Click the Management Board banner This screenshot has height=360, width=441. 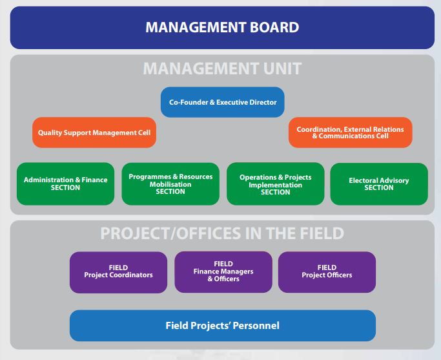(222, 28)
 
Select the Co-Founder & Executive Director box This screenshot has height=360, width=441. (223, 102)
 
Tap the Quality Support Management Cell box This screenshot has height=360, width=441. (94, 132)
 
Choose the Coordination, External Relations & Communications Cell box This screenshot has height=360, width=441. (351, 132)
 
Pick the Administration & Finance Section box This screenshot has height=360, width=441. (65, 184)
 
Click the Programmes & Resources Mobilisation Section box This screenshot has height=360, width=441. (170, 184)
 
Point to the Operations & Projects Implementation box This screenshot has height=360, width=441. (275, 184)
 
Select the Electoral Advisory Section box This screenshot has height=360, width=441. (379, 184)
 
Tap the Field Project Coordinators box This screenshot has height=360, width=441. (118, 272)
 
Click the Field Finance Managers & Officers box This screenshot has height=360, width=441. (223, 272)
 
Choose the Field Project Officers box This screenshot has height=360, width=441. (327, 272)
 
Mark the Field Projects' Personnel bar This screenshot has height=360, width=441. (223, 326)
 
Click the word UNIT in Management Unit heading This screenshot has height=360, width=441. (282, 69)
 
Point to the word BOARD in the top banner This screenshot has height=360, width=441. (274, 27)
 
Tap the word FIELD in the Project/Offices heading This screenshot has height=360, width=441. (322, 233)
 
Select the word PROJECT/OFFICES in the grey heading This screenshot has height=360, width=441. (170, 233)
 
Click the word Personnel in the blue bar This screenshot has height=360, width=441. (256, 326)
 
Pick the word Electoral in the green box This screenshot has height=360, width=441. (362, 180)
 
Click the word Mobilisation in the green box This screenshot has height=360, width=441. (170, 184)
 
